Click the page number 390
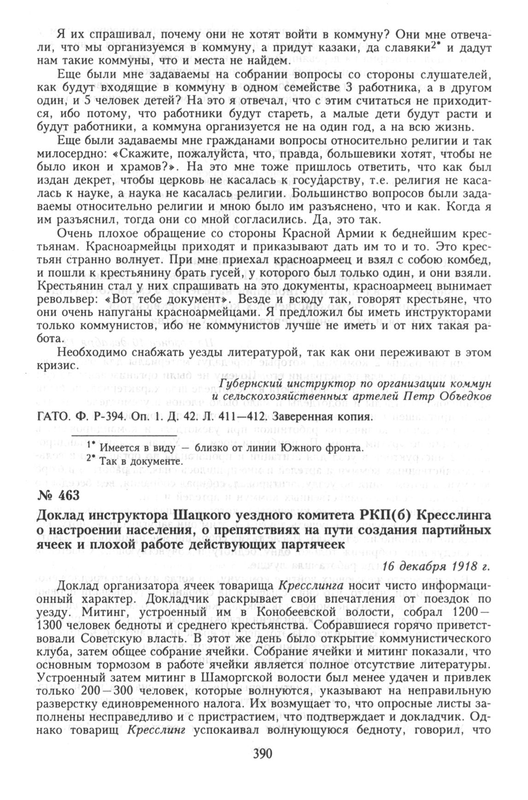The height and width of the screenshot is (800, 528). [x=263, y=754]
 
